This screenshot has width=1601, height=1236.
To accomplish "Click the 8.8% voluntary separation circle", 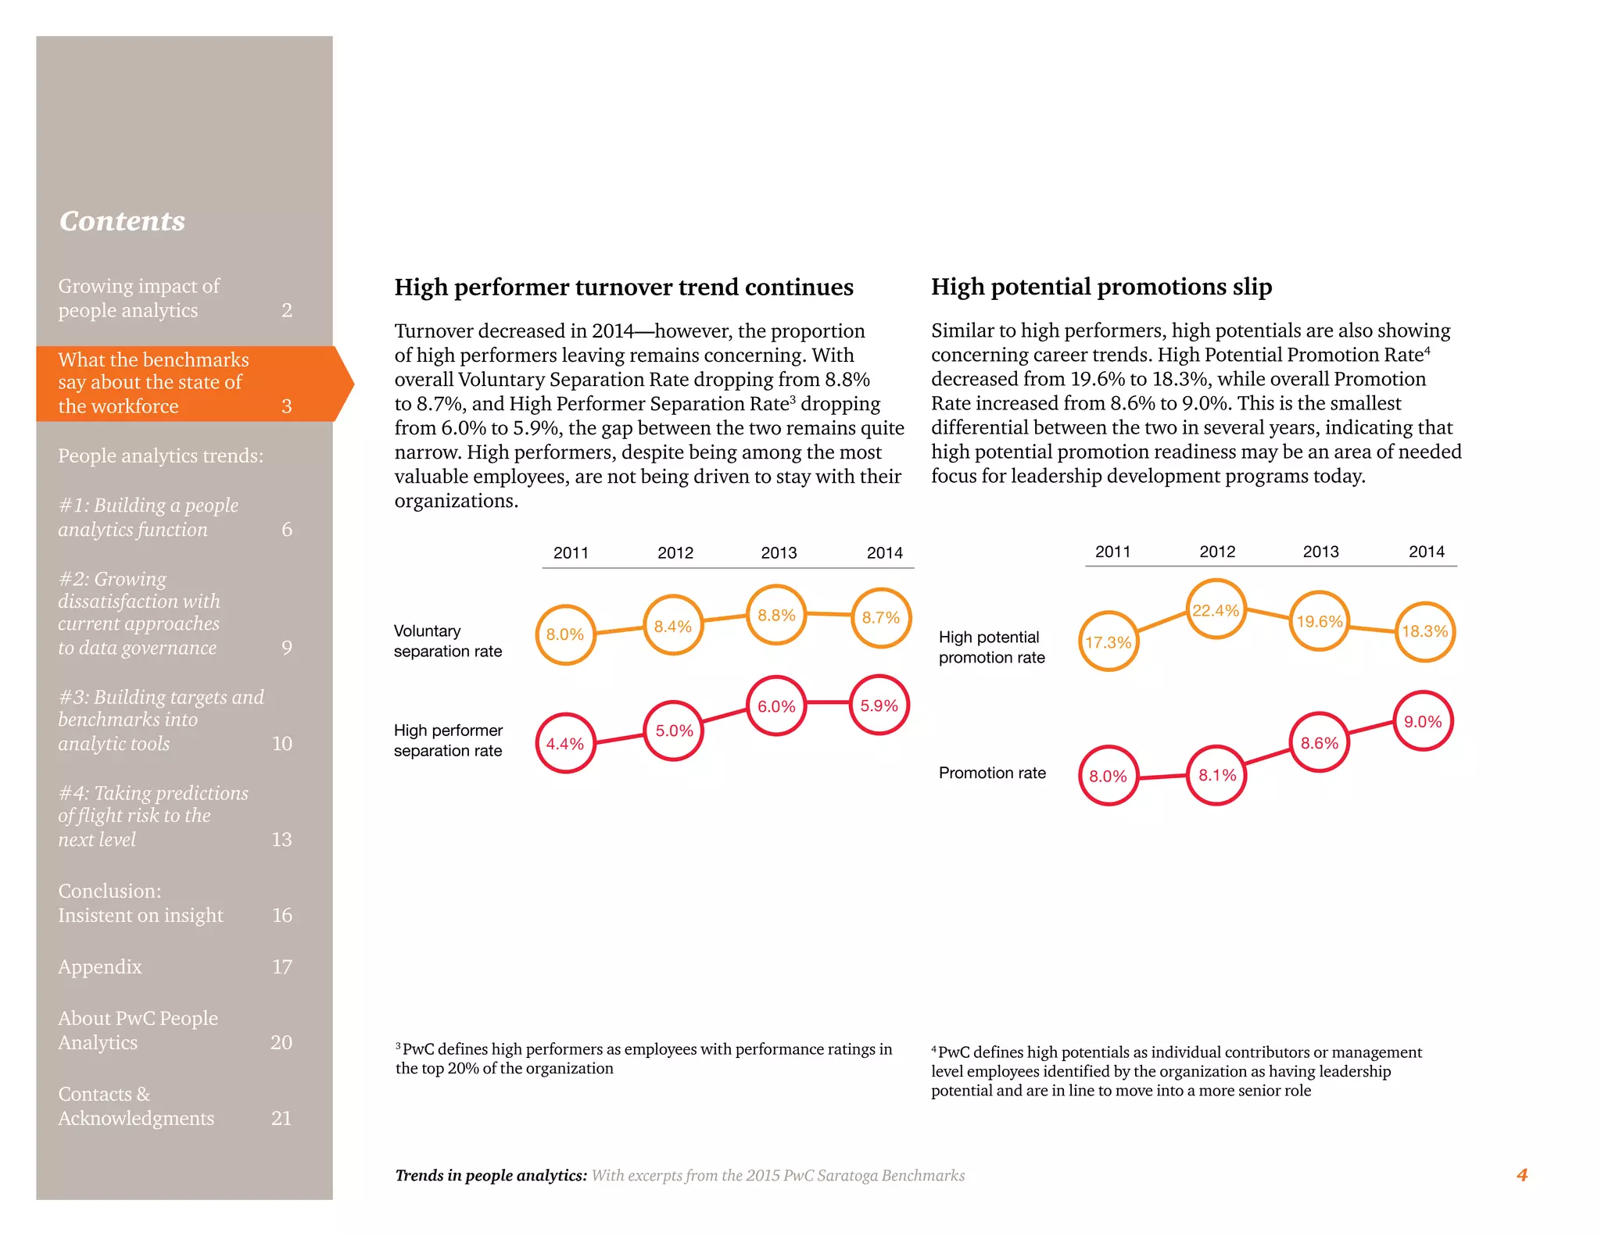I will [776, 615].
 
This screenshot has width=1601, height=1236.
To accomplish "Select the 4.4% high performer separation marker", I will [565, 743].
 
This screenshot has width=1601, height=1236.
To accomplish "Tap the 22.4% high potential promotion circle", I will [1216, 609].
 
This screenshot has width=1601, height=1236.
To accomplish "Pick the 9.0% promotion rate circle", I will [1423, 721].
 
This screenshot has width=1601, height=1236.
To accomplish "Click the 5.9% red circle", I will [879, 705].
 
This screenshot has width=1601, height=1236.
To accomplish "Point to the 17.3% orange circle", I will [1109, 641].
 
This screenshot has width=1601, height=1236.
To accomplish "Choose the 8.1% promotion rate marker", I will [1217, 775].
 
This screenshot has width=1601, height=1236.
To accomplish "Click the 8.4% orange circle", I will [673, 626].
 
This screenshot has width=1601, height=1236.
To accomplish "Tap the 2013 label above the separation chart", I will [779, 553].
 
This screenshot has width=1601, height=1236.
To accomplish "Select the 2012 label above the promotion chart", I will [1217, 552].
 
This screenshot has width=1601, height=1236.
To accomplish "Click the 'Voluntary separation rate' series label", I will [447, 641].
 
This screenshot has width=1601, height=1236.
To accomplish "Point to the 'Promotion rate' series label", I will [992, 773].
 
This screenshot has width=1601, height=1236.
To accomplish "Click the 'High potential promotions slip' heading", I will [1101, 287].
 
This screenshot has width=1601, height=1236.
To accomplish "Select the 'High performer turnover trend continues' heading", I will [623, 288].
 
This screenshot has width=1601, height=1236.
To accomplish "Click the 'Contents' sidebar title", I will [122, 221].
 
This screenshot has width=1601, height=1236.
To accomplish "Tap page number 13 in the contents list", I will [281, 839].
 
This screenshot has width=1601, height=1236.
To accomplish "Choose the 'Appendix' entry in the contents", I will [100, 966].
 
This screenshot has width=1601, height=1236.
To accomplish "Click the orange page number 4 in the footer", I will [1521, 1175].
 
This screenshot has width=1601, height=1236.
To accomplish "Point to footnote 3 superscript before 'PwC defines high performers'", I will [398, 1045].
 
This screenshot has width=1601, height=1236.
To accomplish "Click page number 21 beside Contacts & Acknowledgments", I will [281, 1118].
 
